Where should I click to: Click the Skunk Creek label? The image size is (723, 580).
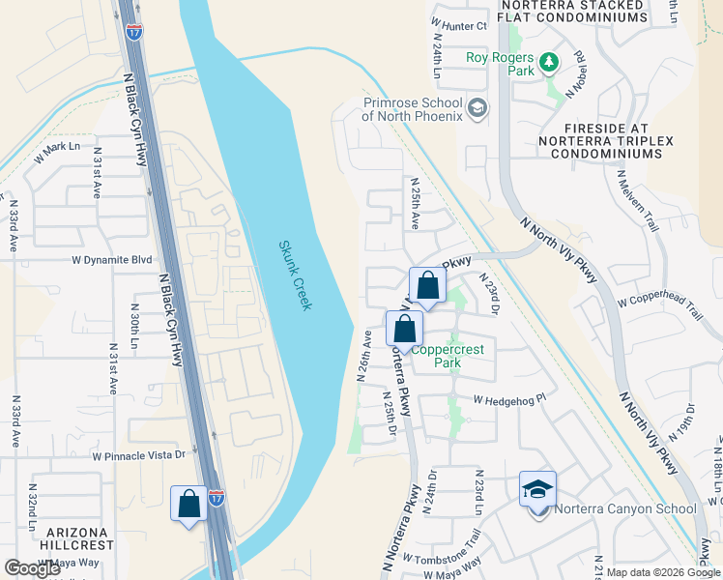point(296,275)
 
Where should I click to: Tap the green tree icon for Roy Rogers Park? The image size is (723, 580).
point(549,63)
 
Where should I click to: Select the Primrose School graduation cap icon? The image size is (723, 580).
point(477,106)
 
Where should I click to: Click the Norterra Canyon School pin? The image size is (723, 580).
point(537,491)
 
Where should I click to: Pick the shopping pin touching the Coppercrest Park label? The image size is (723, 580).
point(404,329)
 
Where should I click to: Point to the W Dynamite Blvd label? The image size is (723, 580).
point(112,260)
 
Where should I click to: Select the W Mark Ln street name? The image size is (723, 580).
point(59,147)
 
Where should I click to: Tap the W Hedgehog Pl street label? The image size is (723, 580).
point(509,397)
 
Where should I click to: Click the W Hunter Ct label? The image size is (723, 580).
point(458,25)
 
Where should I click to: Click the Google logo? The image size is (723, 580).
point(33,568)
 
